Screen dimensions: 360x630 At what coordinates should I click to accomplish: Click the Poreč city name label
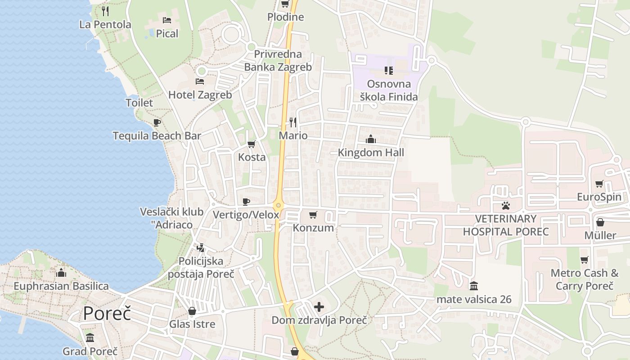coord(107,313)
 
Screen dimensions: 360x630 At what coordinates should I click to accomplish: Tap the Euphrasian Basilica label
coord(61,286)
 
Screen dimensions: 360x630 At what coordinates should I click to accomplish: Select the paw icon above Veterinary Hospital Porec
coord(506,206)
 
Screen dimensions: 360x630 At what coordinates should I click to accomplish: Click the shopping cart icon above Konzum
coord(313,215)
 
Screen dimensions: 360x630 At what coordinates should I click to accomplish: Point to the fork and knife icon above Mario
coord(293,122)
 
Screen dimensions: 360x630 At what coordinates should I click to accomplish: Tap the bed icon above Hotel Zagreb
coord(200,81)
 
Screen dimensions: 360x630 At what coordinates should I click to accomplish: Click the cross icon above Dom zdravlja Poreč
coord(319,307)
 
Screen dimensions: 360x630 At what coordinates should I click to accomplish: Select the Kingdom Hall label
coord(371,153)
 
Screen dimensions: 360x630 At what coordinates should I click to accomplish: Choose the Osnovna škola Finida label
coord(389,90)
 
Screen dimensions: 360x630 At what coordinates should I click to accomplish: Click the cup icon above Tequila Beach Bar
coord(157,122)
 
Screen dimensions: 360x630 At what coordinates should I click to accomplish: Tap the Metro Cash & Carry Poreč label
coord(585,279)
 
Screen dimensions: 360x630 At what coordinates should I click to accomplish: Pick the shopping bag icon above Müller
coord(600,222)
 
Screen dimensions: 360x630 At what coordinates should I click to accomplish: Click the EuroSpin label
coord(599,197)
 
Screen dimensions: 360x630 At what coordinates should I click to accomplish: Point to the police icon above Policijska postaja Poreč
coord(201,247)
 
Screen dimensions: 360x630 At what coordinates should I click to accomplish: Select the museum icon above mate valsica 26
coord(473,286)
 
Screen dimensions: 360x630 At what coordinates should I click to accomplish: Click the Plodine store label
coord(285,17)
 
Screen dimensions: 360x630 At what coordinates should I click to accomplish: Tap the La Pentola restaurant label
coord(105,24)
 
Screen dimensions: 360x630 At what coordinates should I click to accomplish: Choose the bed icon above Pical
coord(167,20)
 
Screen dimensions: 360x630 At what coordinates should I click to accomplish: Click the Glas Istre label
coord(192,324)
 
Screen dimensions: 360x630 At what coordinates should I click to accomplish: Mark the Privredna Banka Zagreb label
coord(278,61)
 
